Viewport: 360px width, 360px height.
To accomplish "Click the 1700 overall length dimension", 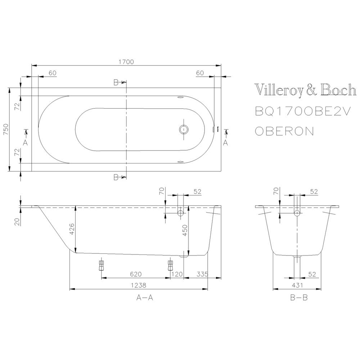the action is click(126, 62).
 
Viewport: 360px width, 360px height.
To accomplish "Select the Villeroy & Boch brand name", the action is click(306, 90).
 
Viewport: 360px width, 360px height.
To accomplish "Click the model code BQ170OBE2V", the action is click(303, 112).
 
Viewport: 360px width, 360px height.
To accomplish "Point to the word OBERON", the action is click(284, 131).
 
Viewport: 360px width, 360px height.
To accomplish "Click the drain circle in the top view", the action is click(184, 129).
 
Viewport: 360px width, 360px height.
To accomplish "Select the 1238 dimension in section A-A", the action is click(139, 285).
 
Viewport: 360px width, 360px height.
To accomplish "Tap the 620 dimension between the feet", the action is click(136, 274).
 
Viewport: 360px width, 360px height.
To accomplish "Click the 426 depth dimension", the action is click(72, 229).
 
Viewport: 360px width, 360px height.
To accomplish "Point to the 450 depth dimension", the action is click(185, 230).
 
